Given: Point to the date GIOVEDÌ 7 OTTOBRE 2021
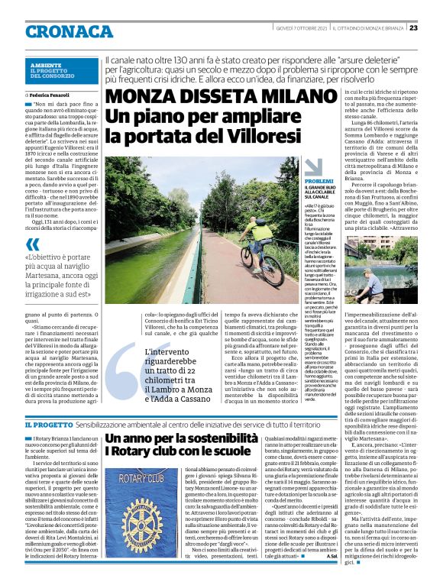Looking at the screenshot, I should tap(300, 27).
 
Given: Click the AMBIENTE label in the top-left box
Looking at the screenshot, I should tap(47, 66).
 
